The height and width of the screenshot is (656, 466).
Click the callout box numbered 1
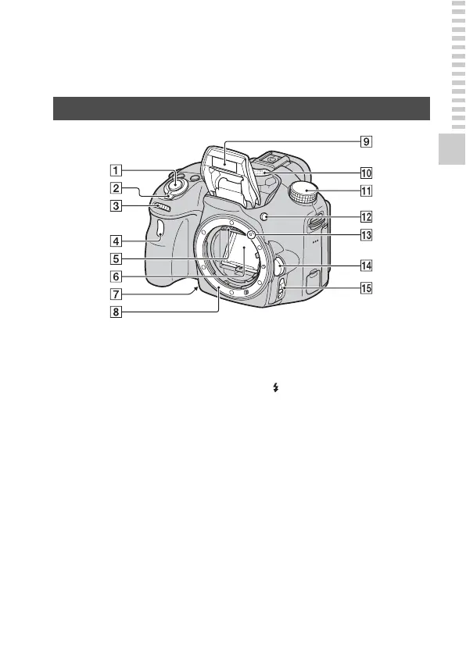116,170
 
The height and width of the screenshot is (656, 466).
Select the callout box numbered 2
116,188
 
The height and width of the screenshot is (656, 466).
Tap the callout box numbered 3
116,206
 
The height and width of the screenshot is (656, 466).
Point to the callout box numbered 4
116,241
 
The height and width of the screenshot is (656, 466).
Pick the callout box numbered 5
116,259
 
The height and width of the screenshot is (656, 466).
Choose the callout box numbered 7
116,294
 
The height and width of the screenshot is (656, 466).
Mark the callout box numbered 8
116,312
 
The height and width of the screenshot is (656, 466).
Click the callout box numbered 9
366,141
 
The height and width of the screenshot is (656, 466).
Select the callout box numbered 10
366,173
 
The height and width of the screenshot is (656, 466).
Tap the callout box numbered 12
366,217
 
